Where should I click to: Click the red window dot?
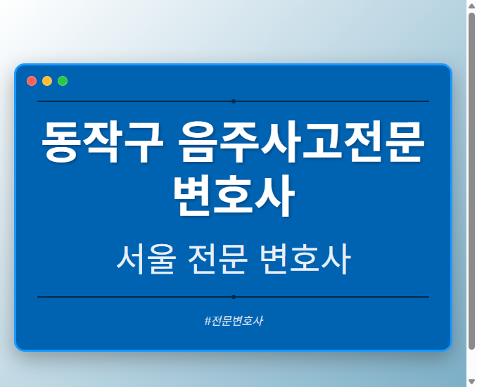coord(32,81)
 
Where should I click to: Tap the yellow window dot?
coord(47,81)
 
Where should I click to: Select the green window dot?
coord(63,81)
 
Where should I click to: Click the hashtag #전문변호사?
coord(233,321)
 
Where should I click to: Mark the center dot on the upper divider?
coord(233,101)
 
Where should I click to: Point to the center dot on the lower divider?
coord(233,297)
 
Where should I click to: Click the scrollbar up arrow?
coord(471,6)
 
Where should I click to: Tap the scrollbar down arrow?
coord(471,381)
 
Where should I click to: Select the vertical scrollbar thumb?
coord(471,179)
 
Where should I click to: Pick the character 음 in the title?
coord(198,143)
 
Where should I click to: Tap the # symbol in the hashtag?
coord(208,321)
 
